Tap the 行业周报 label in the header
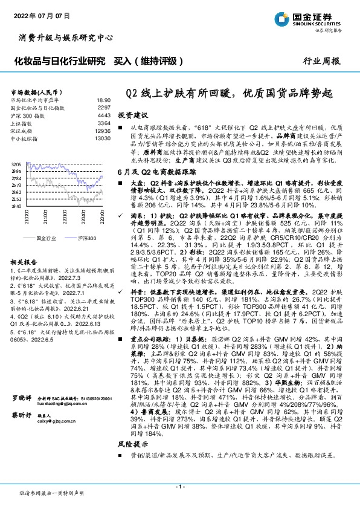pos(326,62)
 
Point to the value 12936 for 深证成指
pos(103,130)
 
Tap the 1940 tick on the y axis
pos(16,206)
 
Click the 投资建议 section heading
pos(132,114)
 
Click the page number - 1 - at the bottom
pos(179,486)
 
